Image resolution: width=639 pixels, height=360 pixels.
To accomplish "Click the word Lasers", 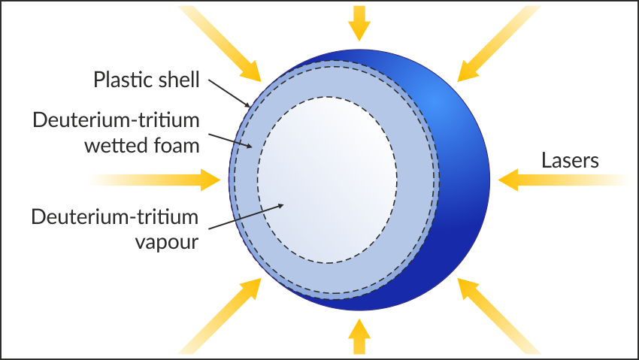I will (570, 160).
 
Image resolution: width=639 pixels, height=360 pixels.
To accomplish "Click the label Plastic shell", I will (146, 80).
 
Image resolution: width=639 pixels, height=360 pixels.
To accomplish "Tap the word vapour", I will (165, 243).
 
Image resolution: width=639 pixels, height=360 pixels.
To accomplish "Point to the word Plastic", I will (120, 80).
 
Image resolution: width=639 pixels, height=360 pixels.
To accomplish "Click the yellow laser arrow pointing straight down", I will (360, 23).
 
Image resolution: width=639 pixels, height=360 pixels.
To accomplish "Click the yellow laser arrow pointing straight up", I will (360, 336).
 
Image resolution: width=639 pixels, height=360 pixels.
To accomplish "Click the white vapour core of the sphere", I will (327, 180).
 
